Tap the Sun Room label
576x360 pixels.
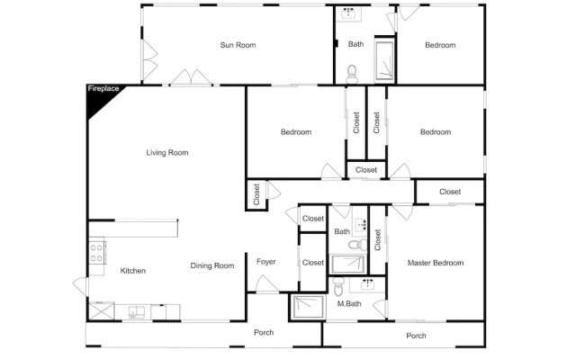point(238,45)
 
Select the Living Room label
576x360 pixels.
point(167,152)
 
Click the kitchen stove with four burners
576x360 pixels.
point(97,252)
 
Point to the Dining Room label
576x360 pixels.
point(212,265)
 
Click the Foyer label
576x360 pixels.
point(266,262)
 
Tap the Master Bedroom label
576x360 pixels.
point(436,263)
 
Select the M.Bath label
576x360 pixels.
point(349,304)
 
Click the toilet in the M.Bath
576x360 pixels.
point(338,286)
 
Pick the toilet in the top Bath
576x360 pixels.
point(352,74)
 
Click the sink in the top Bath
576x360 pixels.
point(348,14)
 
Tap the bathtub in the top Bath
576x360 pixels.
point(384,60)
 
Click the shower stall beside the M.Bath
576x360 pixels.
point(308,307)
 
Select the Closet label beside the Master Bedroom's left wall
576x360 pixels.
point(378,240)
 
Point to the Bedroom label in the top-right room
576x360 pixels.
point(440,45)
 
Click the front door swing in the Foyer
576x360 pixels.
point(266,284)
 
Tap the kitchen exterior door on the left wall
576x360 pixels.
point(81,286)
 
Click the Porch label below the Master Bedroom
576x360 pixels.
point(416,336)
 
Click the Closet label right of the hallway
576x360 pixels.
point(450,192)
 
